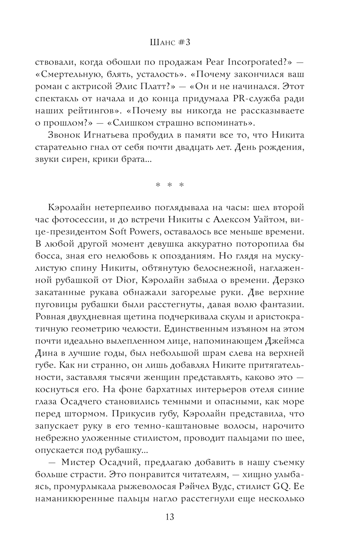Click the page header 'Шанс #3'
pyautogui.click(x=170, y=42)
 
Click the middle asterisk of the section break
pyautogui.click(x=170, y=185)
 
